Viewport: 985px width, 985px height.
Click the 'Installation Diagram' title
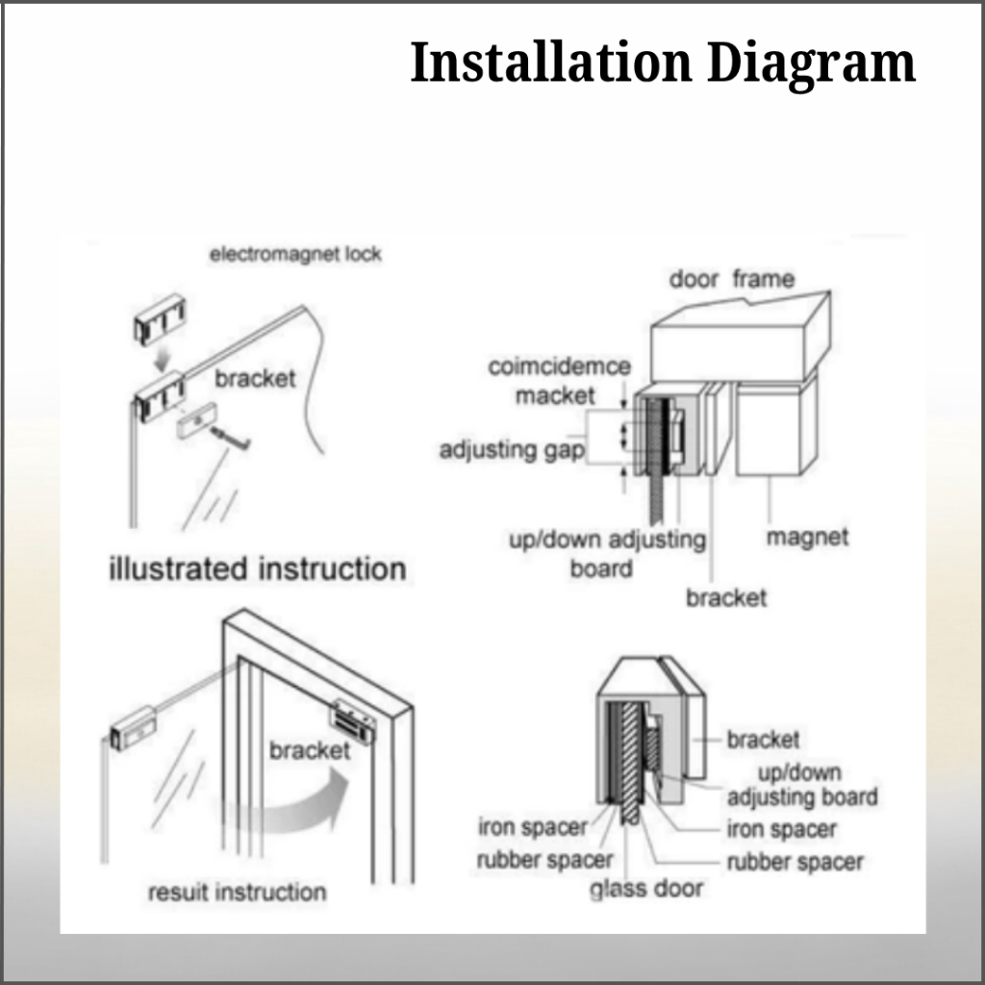click(x=663, y=63)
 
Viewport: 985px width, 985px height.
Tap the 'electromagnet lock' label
click(x=296, y=255)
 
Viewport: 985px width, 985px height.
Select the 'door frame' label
click(x=732, y=280)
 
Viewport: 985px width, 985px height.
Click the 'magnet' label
click(x=807, y=537)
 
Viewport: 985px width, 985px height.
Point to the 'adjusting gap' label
click(x=512, y=450)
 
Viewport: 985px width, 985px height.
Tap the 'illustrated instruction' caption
click(x=257, y=568)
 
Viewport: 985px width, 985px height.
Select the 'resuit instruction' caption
click(x=237, y=892)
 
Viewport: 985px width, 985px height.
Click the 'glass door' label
click(x=646, y=889)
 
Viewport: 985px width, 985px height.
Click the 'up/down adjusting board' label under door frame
click(x=606, y=553)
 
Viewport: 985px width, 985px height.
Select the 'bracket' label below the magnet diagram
click(x=726, y=598)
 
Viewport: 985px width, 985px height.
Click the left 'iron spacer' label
click(x=532, y=827)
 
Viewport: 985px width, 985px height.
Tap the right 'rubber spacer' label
click(x=795, y=862)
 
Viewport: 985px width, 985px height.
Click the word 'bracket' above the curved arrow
click(x=310, y=749)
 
